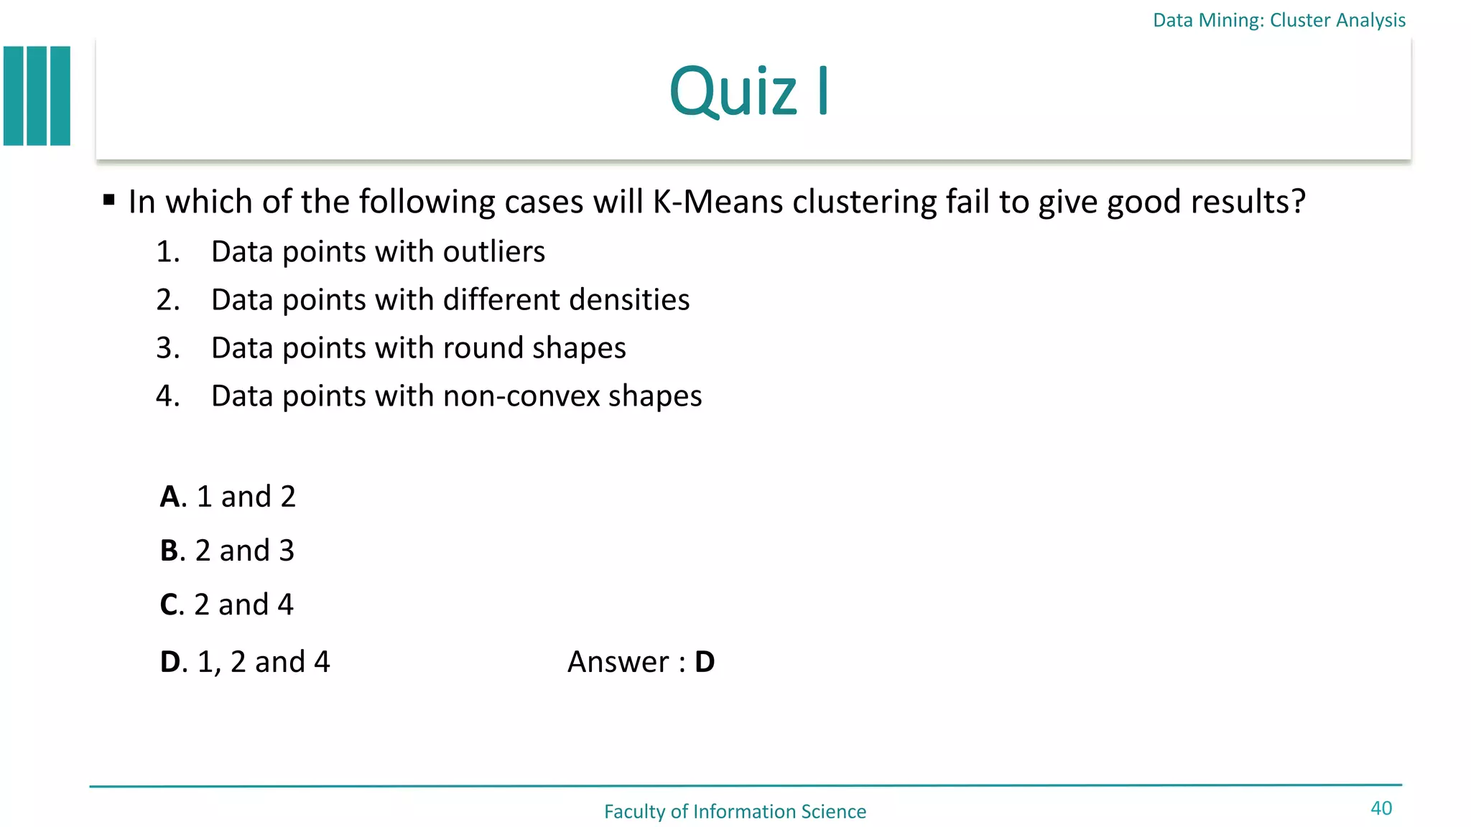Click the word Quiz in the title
click(x=733, y=92)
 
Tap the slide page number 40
click(x=1380, y=808)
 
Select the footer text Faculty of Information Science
click(x=735, y=811)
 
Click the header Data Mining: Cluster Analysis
click(x=1279, y=20)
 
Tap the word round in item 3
click(x=483, y=348)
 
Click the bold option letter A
click(x=170, y=497)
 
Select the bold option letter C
click(x=170, y=605)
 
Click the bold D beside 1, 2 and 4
click(x=170, y=662)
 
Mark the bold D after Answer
click(x=705, y=662)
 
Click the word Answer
click(x=618, y=662)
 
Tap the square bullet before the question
click(x=109, y=200)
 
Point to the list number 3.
click(x=166, y=348)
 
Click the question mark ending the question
click(x=1297, y=202)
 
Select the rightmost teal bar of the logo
click(x=61, y=96)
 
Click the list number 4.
click(x=166, y=396)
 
